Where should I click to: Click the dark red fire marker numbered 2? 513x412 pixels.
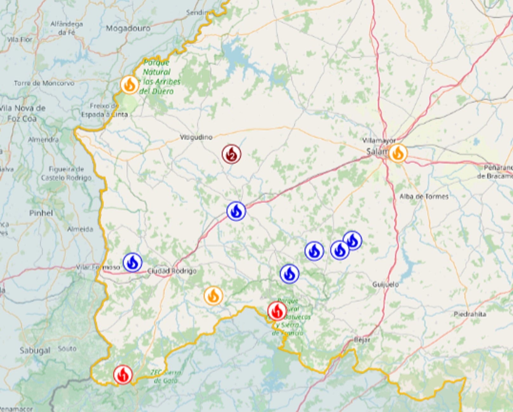tap(231, 154)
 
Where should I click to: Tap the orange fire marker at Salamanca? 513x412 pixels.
tap(398, 153)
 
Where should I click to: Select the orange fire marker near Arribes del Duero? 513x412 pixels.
tap(129, 85)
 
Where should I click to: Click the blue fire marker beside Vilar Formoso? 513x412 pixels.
tap(132, 262)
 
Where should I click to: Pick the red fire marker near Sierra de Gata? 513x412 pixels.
tap(123, 375)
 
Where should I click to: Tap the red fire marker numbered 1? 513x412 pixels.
tap(277, 311)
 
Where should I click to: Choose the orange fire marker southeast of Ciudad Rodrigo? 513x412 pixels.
tap(213, 296)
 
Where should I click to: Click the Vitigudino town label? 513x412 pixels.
tap(196, 137)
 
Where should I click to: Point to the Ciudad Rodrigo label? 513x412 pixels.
tap(172, 271)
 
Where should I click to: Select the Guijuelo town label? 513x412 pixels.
tap(385, 284)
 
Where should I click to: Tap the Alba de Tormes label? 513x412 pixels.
tap(424, 197)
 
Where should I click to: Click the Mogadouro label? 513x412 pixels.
tap(128, 29)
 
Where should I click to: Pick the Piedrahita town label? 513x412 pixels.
tap(470, 314)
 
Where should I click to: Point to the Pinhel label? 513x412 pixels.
tap(41, 213)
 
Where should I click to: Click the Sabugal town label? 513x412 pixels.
tap(35, 350)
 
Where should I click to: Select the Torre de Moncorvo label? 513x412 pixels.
tap(44, 83)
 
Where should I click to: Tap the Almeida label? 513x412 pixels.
tap(80, 229)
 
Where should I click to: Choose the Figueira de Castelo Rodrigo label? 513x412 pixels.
tap(66, 173)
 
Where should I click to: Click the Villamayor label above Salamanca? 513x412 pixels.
tap(379, 141)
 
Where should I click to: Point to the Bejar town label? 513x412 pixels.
tap(362, 340)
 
